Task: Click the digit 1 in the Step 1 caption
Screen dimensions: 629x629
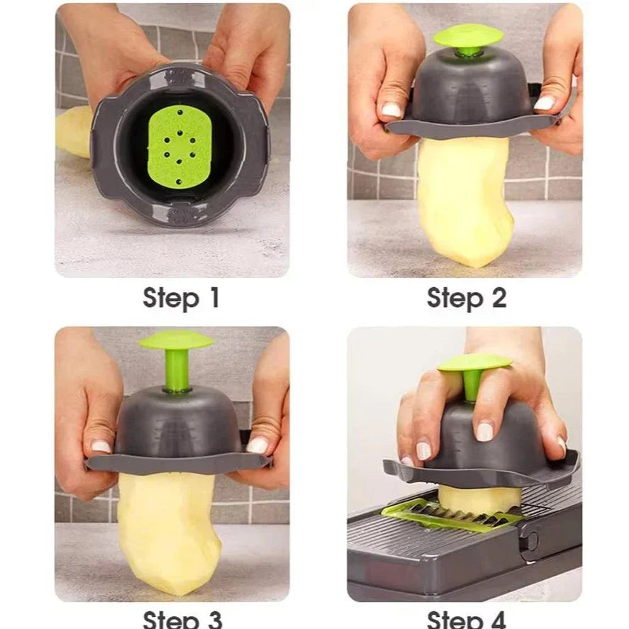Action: pyautogui.click(x=215, y=297)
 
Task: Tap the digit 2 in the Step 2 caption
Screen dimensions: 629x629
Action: pyautogui.click(x=499, y=298)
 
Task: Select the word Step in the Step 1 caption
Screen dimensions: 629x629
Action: pyautogui.click(x=171, y=299)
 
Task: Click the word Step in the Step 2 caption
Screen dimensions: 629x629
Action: pyautogui.click(x=455, y=299)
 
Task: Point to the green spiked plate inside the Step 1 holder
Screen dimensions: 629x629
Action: pyautogui.click(x=179, y=147)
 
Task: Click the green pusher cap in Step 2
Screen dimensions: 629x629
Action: pyautogui.click(x=469, y=36)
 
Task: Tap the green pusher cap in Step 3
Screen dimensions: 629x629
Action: pyautogui.click(x=177, y=340)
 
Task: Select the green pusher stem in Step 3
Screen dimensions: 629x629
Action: pyautogui.click(x=177, y=370)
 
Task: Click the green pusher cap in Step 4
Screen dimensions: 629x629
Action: pyautogui.click(x=474, y=362)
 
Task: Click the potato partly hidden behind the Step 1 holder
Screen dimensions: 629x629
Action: pyautogui.click(x=74, y=132)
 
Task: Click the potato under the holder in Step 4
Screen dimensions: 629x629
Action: pyautogui.click(x=479, y=499)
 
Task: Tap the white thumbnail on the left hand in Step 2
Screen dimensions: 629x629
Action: pyautogui.click(x=391, y=110)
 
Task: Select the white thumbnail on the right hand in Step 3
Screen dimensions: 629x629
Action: pyautogui.click(x=257, y=445)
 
